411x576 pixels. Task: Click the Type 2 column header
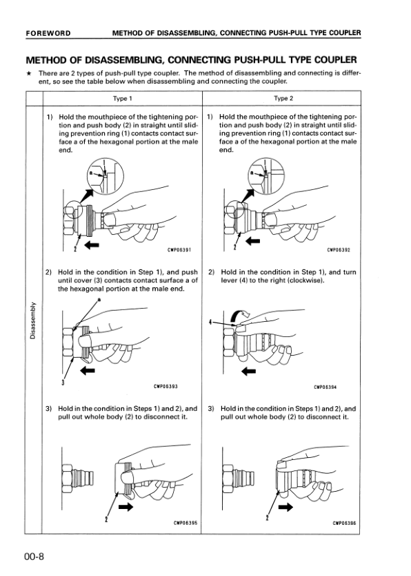pyautogui.click(x=283, y=98)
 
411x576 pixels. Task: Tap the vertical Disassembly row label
pyautogui.click(x=33, y=320)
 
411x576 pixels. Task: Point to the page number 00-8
pyautogui.click(x=34, y=557)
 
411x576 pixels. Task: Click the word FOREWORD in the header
pyautogui.click(x=48, y=33)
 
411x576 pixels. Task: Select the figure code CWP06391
pyautogui.click(x=179, y=250)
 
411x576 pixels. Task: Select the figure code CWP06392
pyautogui.click(x=339, y=250)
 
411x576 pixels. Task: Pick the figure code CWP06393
pyautogui.click(x=166, y=387)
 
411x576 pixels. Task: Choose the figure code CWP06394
pyautogui.click(x=325, y=387)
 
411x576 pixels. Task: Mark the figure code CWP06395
pyautogui.click(x=186, y=523)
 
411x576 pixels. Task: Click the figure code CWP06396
pyautogui.click(x=344, y=523)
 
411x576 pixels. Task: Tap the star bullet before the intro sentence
pyautogui.click(x=28, y=73)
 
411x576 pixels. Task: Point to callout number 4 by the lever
pyautogui.click(x=210, y=322)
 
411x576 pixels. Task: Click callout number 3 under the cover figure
pyautogui.click(x=63, y=383)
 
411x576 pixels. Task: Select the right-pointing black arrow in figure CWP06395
pyautogui.click(x=126, y=506)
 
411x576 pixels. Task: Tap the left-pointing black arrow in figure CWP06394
pyautogui.click(x=248, y=371)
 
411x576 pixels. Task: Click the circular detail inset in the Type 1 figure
pyautogui.click(x=106, y=176)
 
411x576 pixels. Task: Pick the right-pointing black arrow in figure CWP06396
pyautogui.click(x=285, y=507)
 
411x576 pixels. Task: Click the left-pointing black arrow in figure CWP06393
pyautogui.click(x=88, y=371)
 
